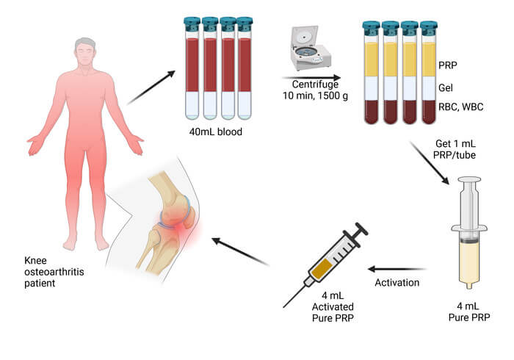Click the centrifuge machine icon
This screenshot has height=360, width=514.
click(310, 48)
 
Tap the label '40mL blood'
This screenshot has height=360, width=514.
click(216, 132)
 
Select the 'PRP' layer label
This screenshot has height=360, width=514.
click(447, 65)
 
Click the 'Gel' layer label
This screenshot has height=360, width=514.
click(446, 87)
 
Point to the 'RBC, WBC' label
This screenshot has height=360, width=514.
click(461, 107)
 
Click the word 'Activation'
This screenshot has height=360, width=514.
click(397, 283)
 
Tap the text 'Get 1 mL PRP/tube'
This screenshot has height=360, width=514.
click(455, 149)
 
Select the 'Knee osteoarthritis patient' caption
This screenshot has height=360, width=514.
click(54, 272)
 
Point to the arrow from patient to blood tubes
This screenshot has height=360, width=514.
click(151, 87)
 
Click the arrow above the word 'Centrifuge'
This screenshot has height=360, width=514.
click(311, 78)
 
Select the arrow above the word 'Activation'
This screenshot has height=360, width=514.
click(397, 269)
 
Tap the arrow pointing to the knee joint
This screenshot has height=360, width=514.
click(240, 251)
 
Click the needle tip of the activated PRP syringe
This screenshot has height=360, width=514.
click(283, 307)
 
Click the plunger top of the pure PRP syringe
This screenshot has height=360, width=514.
click(469, 179)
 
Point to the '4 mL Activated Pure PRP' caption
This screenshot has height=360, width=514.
click(333, 307)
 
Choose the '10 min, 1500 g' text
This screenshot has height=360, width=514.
click(315, 96)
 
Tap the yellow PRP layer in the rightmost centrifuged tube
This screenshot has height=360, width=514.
click(429, 60)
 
